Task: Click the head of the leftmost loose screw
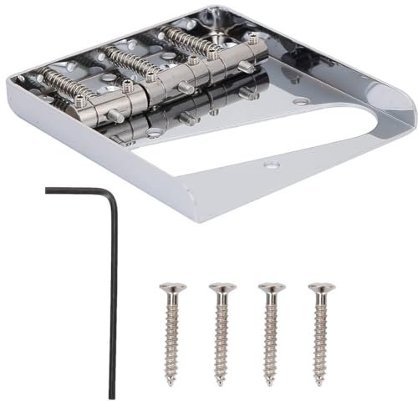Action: pos(172,288)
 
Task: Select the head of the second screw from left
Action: pos(222,288)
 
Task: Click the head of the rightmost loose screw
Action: pos(320,288)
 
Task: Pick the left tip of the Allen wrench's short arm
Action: pos(48,190)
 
